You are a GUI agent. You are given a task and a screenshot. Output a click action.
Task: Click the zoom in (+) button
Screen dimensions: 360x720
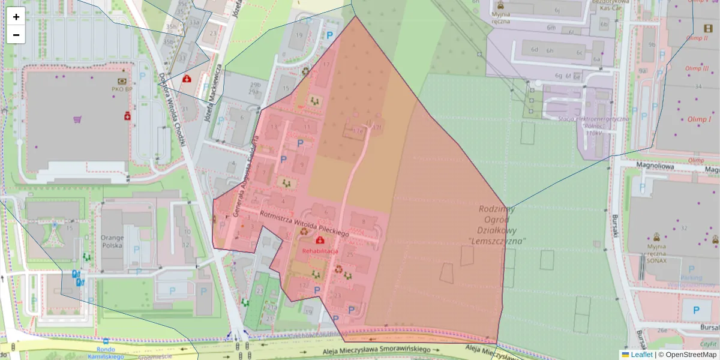tap(16, 17)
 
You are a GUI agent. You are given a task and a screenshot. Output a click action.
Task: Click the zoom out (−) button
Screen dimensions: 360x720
tap(16, 35)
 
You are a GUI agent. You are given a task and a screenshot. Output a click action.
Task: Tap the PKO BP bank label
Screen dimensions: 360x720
tap(122, 89)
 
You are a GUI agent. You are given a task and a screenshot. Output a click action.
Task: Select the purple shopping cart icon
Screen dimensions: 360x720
tap(77, 119)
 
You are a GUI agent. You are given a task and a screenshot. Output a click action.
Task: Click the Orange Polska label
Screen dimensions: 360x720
tap(112, 241)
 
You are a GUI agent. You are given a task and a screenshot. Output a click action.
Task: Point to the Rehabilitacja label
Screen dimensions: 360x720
tap(320, 250)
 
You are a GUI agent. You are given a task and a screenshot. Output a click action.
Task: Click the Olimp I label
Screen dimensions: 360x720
tap(699, 119)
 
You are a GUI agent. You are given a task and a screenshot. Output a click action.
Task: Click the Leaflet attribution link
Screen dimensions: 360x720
tap(641, 355)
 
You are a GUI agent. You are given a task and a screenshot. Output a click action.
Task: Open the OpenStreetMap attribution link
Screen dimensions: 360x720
tap(690, 355)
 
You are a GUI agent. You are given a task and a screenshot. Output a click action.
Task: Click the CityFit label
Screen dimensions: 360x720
tap(708, 344)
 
